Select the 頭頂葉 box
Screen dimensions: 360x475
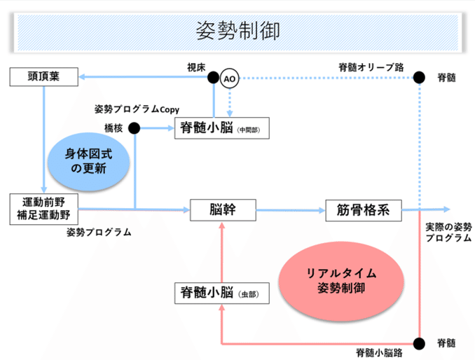(x=43, y=76)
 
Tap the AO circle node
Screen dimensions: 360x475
(x=229, y=79)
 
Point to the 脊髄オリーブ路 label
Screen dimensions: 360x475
(x=371, y=67)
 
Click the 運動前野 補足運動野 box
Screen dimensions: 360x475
(x=43, y=209)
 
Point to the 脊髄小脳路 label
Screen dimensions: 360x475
(x=378, y=351)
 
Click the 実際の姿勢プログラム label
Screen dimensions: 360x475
(x=448, y=232)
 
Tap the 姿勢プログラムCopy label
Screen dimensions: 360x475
(x=137, y=110)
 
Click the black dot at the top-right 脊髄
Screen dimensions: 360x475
(x=419, y=77)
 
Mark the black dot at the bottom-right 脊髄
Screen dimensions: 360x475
(x=419, y=343)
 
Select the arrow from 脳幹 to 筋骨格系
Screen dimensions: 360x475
(x=289, y=209)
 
